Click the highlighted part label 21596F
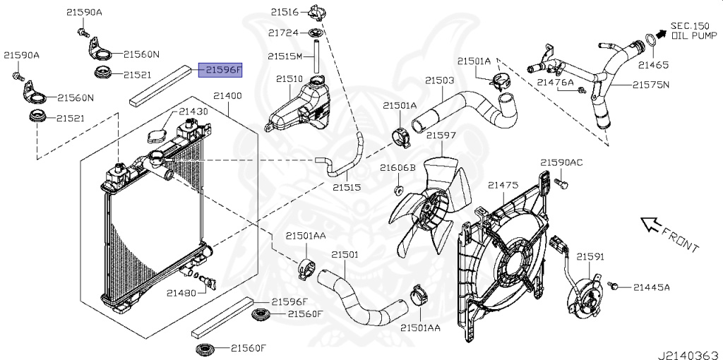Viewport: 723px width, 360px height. [x=220, y=70]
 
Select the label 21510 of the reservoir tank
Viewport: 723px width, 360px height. [x=289, y=79]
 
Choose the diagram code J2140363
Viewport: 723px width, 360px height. [x=688, y=351]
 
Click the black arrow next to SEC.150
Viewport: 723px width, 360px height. [x=659, y=32]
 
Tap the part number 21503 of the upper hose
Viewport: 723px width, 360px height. [x=439, y=80]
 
